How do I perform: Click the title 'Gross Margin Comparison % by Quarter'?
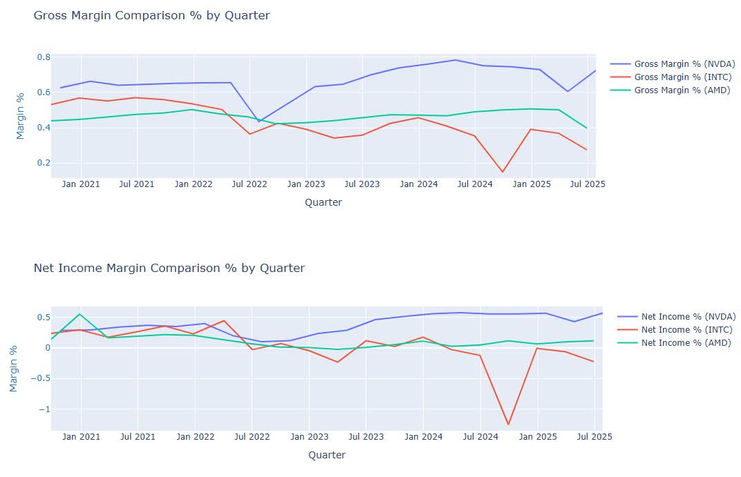pyautogui.click(x=151, y=15)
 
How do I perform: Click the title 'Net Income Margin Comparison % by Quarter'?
pyautogui.click(x=169, y=268)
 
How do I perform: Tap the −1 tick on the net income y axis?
pyautogui.click(x=43, y=409)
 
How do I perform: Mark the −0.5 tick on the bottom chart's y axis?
pyautogui.click(x=38, y=379)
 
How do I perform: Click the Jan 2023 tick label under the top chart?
pyautogui.click(x=306, y=184)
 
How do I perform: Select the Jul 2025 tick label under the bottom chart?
pyautogui.click(x=593, y=437)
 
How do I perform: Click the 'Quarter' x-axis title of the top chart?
pyautogui.click(x=323, y=202)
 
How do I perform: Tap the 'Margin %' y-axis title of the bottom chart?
pyautogui.click(x=13, y=369)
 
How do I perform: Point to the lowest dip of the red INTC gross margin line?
pyautogui.click(x=503, y=172)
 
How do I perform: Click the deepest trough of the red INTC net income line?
pyautogui.click(x=509, y=425)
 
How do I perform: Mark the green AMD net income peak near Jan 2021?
pyautogui.click(x=80, y=314)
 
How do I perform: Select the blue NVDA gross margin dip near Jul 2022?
pyautogui.click(x=259, y=121)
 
